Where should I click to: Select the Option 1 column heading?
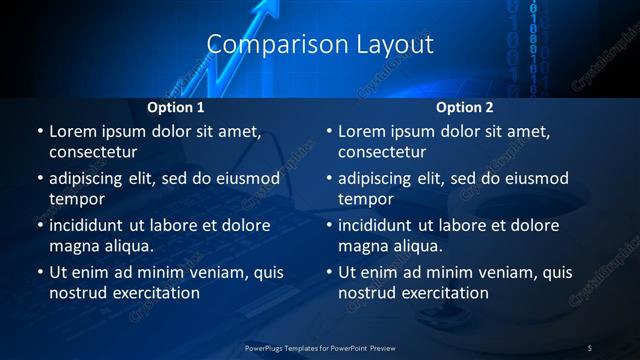pos(176,107)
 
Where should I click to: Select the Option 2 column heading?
pos(465,107)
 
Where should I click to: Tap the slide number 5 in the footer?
pos(590,347)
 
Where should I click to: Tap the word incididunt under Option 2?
pos(380,225)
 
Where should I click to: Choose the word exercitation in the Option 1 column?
pos(152,293)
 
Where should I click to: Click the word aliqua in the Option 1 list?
pos(127,246)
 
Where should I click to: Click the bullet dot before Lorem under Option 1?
pos(39,132)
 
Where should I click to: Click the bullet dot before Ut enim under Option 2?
pos(328,273)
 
